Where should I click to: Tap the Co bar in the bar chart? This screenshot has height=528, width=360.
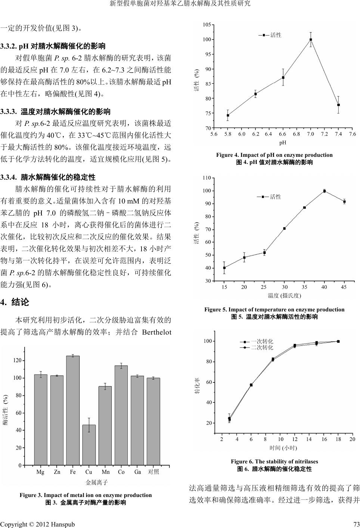point(121,415)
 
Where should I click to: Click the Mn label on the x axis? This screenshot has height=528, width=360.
point(106,472)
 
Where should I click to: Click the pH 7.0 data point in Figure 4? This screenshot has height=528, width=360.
point(311,40)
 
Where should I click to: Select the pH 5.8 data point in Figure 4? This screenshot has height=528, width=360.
point(228,115)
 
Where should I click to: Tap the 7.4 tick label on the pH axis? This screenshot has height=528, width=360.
point(338,134)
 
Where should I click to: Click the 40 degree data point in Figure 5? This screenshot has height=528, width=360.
point(325,191)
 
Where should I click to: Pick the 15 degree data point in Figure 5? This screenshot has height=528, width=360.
point(224,268)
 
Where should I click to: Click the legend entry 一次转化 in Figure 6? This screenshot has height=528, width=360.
point(261,341)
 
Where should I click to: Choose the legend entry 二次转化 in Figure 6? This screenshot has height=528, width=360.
point(261,347)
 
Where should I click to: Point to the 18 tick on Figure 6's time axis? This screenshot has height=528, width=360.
point(338,440)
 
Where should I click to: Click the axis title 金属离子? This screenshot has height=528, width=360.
point(97,482)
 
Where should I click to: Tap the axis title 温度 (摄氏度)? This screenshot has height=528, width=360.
point(284,296)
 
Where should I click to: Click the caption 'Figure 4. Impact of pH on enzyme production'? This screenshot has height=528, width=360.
point(274,155)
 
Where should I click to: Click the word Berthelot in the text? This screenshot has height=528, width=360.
point(157,332)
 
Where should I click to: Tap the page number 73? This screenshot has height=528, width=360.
point(356,524)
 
